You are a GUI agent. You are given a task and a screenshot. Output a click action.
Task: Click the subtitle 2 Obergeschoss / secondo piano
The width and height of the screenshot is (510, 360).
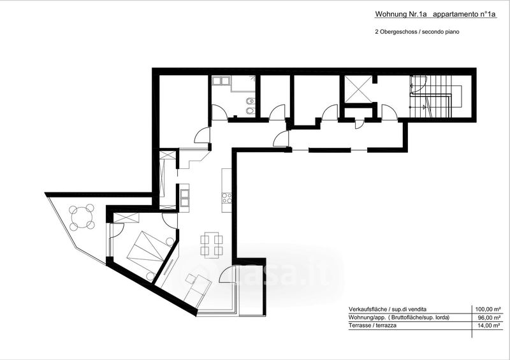click(x=417, y=32)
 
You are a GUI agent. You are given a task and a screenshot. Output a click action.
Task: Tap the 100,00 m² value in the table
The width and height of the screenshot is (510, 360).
click(x=488, y=309)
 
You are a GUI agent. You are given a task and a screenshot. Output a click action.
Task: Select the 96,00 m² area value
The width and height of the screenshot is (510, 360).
click(x=490, y=317)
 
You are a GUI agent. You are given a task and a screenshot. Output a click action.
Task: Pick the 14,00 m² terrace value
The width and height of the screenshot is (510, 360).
click(x=490, y=326)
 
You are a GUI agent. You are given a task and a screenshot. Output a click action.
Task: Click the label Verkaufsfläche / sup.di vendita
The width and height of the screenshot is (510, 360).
click(x=388, y=309)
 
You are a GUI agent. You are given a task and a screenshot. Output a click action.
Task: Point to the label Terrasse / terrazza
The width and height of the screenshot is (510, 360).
click(x=372, y=325)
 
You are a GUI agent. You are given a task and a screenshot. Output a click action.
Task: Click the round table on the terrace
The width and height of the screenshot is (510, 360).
click(x=82, y=217)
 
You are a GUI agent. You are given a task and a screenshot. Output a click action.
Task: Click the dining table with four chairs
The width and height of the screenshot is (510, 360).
click(x=212, y=245)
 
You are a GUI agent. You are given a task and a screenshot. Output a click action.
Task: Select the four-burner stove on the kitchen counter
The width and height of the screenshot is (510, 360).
click(x=227, y=198)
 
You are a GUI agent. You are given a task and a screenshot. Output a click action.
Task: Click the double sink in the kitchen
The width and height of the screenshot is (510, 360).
click(x=185, y=198)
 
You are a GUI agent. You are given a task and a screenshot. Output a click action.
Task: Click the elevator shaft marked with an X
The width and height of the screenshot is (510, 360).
click(x=358, y=89)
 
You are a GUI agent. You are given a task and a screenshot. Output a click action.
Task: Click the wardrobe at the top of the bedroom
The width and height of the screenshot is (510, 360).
click(x=126, y=217)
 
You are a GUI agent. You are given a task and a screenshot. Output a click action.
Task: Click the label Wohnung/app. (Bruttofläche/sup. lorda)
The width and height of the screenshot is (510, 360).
click(x=399, y=317)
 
